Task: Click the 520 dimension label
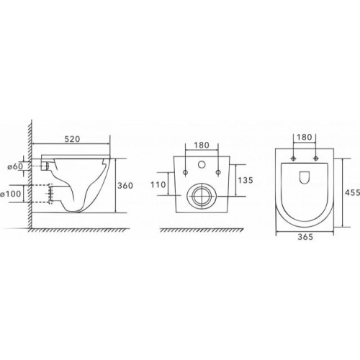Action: [x=72, y=139]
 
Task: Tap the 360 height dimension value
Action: [x=125, y=185]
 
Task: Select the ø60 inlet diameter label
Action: [x=15, y=166]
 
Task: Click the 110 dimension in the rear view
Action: [x=158, y=184]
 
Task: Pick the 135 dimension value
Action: [x=246, y=180]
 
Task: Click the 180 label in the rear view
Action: [x=202, y=145]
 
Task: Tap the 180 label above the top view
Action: [x=305, y=138]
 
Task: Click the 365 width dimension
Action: [x=305, y=237]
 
